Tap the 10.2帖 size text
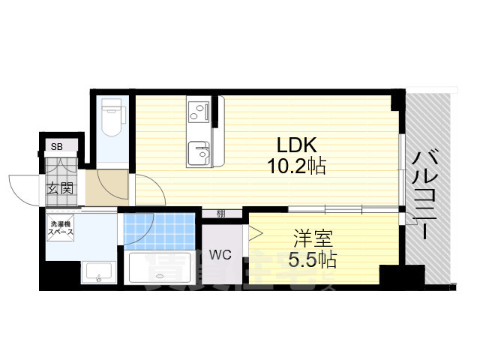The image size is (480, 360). (299, 166)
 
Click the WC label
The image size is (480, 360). (220, 255)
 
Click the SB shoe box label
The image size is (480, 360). (57, 147)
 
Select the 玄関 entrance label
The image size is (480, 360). (60, 187)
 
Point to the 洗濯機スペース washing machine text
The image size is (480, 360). (62, 228)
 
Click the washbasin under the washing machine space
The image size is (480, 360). (97, 273)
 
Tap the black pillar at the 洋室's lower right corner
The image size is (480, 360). (391, 276)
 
